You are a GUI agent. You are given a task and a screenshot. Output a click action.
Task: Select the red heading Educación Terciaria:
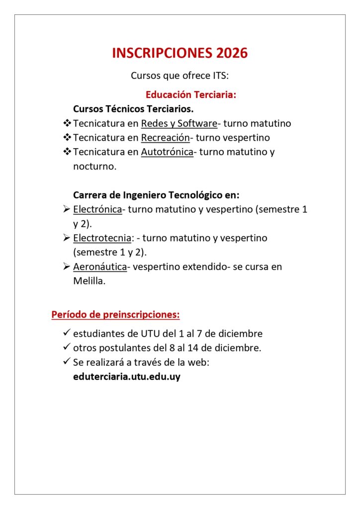190,94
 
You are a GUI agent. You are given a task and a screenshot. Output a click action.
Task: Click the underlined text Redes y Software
179,123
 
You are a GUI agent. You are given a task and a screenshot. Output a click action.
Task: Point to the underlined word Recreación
166,138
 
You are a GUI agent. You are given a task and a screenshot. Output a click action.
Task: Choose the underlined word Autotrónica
167,152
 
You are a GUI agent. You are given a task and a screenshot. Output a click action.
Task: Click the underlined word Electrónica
97,209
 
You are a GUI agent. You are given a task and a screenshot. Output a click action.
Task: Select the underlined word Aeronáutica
100,267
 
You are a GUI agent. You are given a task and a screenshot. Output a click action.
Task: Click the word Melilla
88,281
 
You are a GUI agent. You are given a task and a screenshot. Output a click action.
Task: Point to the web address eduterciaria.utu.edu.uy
126,377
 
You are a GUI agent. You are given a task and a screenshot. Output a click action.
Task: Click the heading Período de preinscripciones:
115,315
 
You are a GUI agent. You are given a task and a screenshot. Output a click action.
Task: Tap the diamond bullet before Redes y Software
67,123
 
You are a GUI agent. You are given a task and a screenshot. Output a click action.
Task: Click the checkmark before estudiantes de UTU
67,333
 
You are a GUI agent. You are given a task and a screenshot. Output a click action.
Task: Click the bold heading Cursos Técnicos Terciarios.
133,109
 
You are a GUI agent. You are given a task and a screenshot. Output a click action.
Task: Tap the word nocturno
94,167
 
